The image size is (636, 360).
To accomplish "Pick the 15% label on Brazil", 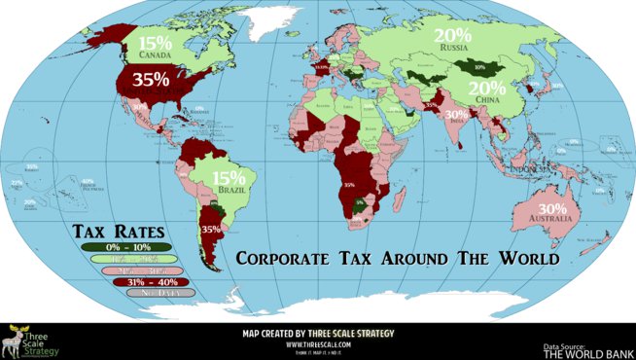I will (230, 178).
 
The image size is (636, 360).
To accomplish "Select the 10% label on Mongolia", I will (478, 68).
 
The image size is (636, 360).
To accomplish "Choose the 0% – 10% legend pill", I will (117, 246).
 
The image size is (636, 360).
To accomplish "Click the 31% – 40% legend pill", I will (117, 281).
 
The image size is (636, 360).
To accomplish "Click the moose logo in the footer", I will (14, 341).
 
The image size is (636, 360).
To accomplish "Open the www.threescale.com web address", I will (318, 344).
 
